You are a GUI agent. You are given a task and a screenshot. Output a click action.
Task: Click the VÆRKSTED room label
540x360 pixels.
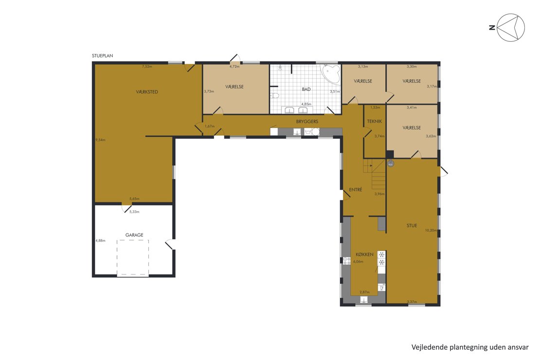(147, 92)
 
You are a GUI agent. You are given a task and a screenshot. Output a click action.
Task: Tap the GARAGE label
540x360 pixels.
(134, 235)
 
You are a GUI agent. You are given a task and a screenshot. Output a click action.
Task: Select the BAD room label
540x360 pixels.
(306, 89)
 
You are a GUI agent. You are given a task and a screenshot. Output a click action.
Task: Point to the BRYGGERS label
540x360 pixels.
(307, 122)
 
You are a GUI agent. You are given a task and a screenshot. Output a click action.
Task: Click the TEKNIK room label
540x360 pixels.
(374, 121)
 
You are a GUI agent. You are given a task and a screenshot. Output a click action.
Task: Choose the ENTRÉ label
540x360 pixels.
(356, 189)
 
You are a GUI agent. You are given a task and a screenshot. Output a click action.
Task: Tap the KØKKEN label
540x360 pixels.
(364, 254)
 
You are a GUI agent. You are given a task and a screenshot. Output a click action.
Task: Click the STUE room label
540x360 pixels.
(412, 226)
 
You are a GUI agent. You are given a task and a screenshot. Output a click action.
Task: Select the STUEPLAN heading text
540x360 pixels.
(102, 56)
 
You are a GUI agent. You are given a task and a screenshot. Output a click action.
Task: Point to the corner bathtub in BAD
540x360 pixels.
(331, 74)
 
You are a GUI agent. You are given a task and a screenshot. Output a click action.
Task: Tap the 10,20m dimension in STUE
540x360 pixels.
(431, 231)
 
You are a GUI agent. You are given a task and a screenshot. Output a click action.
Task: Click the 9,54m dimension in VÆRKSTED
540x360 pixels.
(100, 140)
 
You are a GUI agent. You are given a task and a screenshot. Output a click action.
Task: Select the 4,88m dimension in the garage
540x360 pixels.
(100, 240)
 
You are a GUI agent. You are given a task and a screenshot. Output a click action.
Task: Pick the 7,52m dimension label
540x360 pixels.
(147, 67)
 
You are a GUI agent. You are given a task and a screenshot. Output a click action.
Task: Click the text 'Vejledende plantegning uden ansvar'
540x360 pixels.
(470, 347)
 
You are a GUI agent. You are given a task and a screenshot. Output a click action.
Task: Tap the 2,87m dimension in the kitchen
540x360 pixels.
(364, 292)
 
